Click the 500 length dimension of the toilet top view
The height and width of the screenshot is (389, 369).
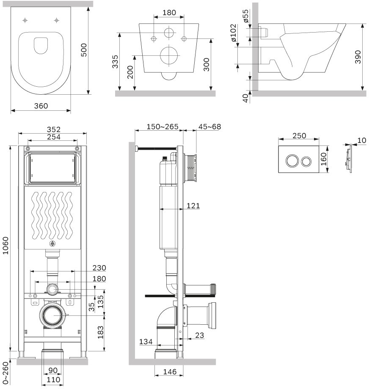(84, 50)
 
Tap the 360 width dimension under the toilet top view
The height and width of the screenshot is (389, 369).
(41, 106)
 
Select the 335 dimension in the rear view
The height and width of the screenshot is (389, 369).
(115, 62)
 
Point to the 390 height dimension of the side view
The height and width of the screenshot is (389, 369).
(358, 57)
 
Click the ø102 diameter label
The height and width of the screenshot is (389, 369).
(233, 33)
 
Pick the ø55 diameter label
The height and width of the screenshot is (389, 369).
(245, 16)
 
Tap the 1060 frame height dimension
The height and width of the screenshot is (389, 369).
(6, 245)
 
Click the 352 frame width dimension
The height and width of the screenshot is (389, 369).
(54, 129)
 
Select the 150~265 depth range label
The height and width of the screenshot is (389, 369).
(162, 126)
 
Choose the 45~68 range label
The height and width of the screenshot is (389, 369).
(209, 126)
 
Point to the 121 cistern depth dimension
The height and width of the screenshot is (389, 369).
(193, 205)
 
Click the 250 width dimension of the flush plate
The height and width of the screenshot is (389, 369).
(299, 136)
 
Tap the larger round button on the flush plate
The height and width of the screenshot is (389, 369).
(292, 161)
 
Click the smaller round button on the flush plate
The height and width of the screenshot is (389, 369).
(306, 162)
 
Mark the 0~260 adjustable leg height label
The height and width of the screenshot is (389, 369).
(6, 373)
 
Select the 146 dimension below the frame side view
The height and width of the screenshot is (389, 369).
(170, 372)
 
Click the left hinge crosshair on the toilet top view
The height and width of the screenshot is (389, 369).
(25, 20)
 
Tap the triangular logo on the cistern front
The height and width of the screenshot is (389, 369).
(52, 244)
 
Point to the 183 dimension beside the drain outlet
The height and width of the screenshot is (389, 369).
(100, 332)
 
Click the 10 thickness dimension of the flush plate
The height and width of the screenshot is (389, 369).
(362, 140)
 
